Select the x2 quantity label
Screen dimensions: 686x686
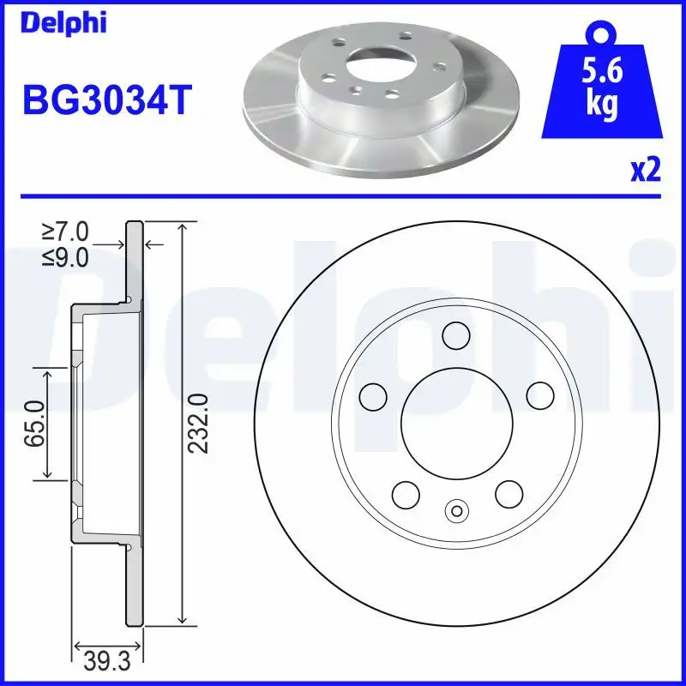tap(645, 171)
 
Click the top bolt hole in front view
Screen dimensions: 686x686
tap(457, 335)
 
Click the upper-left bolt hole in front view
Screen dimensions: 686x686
tap(373, 395)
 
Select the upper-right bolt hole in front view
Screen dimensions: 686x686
tap(539, 395)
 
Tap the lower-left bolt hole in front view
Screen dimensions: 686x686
tap(405, 493)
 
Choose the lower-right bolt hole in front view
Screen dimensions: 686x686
tap(508, 493)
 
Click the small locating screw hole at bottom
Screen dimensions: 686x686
tap(456, 511)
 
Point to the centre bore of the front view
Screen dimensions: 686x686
tap(456, 423)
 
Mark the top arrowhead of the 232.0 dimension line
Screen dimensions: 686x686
tap(182, 226)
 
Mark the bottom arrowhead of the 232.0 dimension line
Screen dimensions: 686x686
tap(182, 619)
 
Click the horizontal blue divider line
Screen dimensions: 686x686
tap(343, 196)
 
